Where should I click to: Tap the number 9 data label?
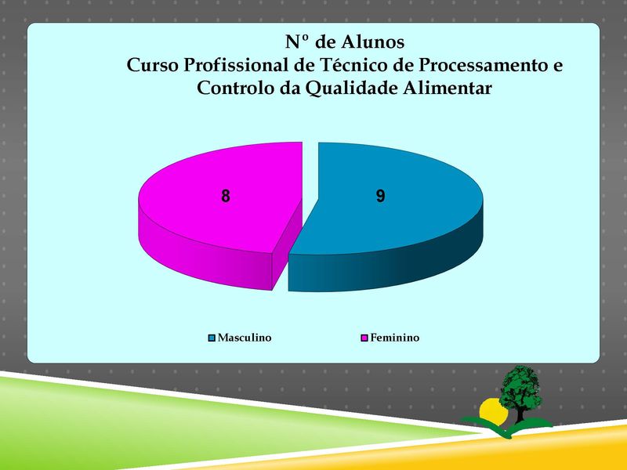click(x=380, y=196)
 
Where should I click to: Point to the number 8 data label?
click(x=226, y=197)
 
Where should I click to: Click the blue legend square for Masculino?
click(x=212, y=338)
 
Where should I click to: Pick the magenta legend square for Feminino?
click(x=364, y=338)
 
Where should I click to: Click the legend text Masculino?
click(x=245, y=338)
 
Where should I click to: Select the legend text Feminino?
click(x=395, y=338)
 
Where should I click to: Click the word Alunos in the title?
click(x=373, y=42)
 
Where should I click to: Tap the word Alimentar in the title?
click(x=447, y=88)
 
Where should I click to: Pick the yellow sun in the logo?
click(x=493, y=412)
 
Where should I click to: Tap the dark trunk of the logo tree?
click(x=520, y=414)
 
